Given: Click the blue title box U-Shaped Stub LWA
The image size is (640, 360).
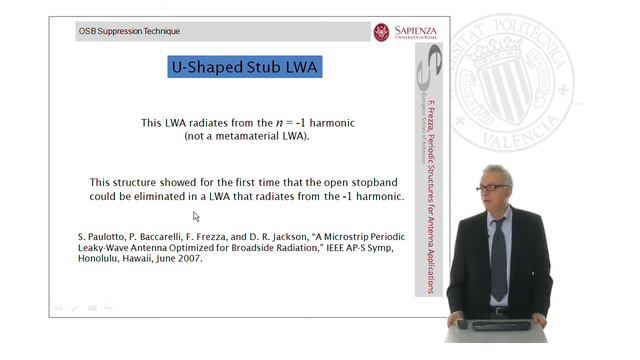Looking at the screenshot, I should click(245, 68).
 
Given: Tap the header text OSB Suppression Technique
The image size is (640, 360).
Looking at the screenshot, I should click(130, 32).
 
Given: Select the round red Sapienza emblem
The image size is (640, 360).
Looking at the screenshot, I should click(381, 32).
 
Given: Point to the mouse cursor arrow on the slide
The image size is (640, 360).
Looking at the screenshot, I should click(196, 216).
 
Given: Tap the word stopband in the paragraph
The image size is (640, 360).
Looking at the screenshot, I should click(357, 183).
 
